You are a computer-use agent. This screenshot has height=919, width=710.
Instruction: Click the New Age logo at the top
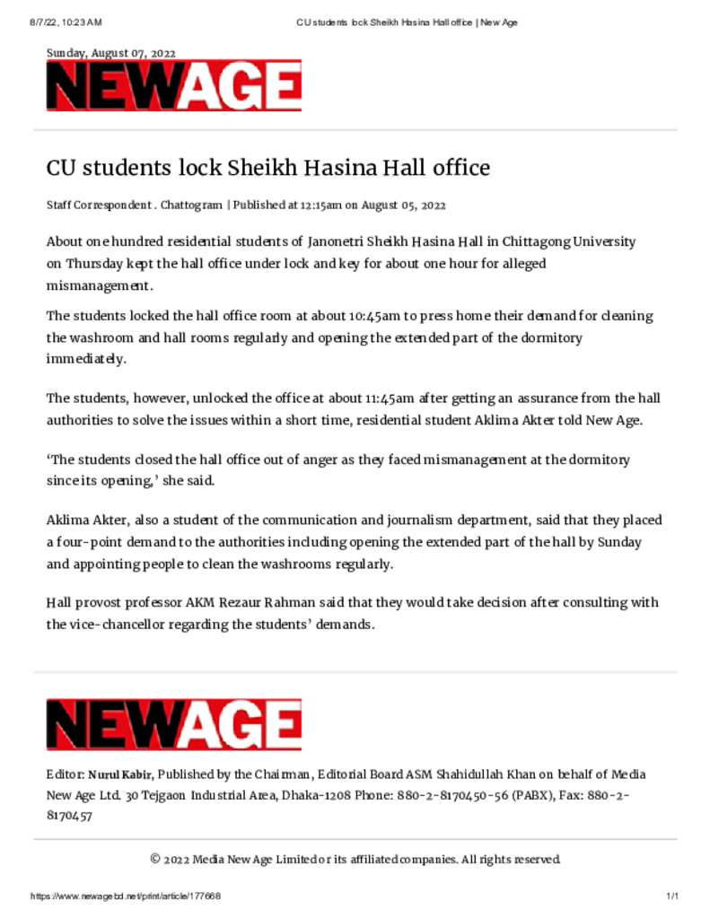pyautogui.click(x=174, y=86)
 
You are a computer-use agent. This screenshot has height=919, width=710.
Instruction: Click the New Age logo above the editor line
pyautogui.click(x=174, y=725)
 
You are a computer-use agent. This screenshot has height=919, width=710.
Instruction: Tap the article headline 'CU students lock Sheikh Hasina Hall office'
pyautogui.click(x=268, y=168)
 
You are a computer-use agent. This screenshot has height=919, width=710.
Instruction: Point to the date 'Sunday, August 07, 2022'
pyautogui.click(x=110, y=54)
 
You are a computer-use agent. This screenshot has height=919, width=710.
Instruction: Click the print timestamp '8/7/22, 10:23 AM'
pyautogui.click(x=66, y=22)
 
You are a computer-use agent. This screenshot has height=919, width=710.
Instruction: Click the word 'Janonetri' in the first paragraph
pyautogui.click(x=337, y=242)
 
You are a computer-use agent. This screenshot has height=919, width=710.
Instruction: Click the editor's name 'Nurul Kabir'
pyautogui.click(x=120, y=775)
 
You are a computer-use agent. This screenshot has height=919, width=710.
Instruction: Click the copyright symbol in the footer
pyautogui.click(x=155, y=860)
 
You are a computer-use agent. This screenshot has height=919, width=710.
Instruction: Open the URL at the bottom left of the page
pyautogui.click(x=126, y=897)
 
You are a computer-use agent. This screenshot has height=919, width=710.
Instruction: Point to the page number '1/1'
pyautogui.click(x=671, y=897)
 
